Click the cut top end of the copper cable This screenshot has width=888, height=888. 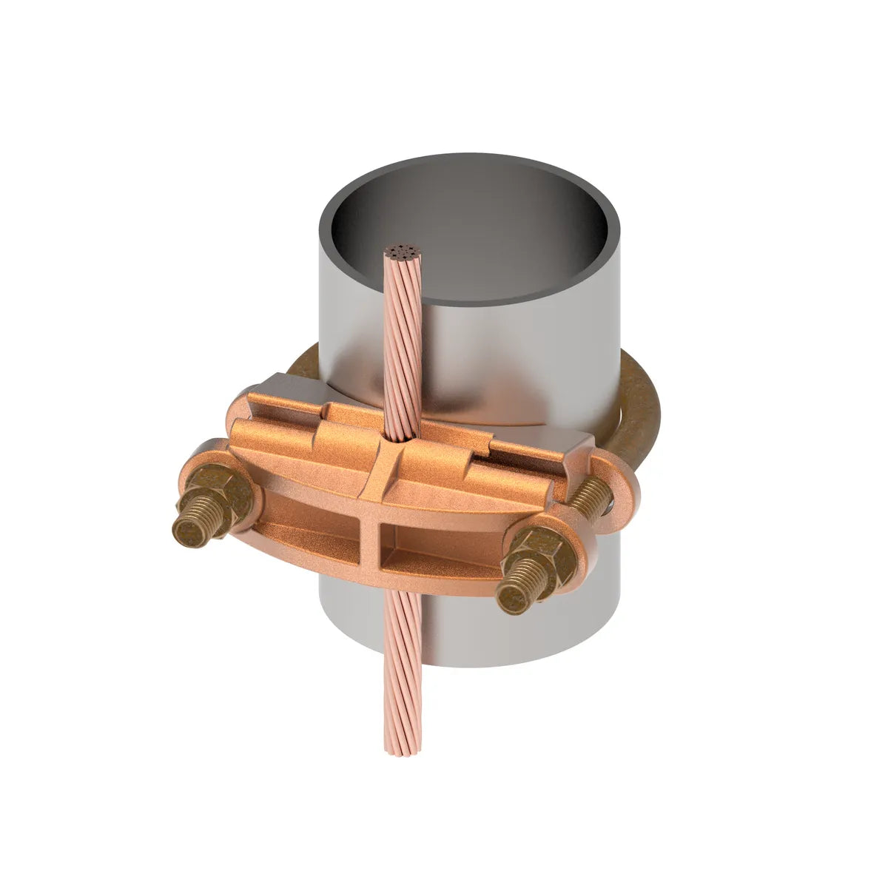click(403, 254)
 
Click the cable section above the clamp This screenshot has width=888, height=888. click(403, 348)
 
